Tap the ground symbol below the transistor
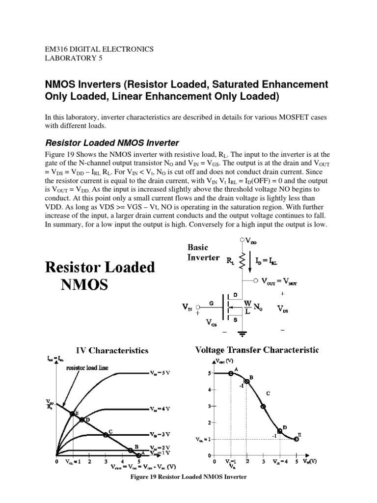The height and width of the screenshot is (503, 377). coord(242,334)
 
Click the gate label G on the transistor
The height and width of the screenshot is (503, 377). coord(211,305)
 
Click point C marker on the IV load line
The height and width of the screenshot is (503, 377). coord(106,435)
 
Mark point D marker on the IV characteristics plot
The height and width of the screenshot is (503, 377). coord(82,420)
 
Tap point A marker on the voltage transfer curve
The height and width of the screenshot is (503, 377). coord(231,373)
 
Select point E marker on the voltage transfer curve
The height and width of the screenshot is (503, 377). coord(296,439)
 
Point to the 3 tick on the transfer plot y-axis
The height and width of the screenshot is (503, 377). coord(210,406)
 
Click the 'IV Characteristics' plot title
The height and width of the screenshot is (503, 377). coord(111,351)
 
